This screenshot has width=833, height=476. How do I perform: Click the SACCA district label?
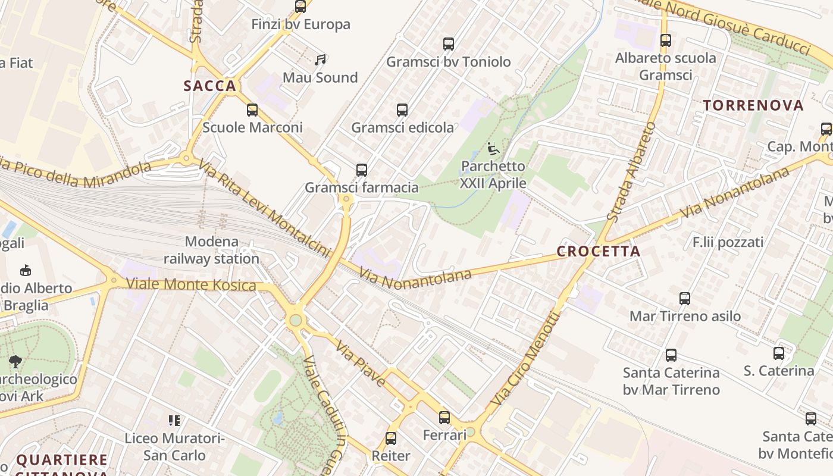[210, 86]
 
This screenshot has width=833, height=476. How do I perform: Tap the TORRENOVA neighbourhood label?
[753, 106]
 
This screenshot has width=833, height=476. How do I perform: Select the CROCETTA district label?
[599, 251]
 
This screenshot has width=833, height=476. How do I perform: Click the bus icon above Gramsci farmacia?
[362, 170]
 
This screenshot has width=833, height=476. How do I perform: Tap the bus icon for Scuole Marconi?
[252, 109]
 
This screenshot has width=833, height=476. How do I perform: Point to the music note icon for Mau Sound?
[321, 59]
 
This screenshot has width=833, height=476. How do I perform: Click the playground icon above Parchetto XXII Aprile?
[493, 148]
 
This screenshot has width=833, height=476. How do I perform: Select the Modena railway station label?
[211, 250]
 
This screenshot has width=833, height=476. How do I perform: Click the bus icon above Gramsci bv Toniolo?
[449, 43]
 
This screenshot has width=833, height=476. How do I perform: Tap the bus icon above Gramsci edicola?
[402, 109]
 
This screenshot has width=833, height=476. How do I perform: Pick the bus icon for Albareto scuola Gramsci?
[665, 40]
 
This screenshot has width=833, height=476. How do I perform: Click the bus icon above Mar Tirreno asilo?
[685, 298]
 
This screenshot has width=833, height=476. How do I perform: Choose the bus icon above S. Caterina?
[779, 353]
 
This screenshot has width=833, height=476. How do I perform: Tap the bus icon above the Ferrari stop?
[444, 417]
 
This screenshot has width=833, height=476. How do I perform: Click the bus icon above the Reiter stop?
[391, 439]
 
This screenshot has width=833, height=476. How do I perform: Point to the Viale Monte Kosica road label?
[191, 285]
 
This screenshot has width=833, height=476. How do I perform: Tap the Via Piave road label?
[359, 363]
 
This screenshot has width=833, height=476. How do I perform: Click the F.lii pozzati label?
[728, 242]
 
